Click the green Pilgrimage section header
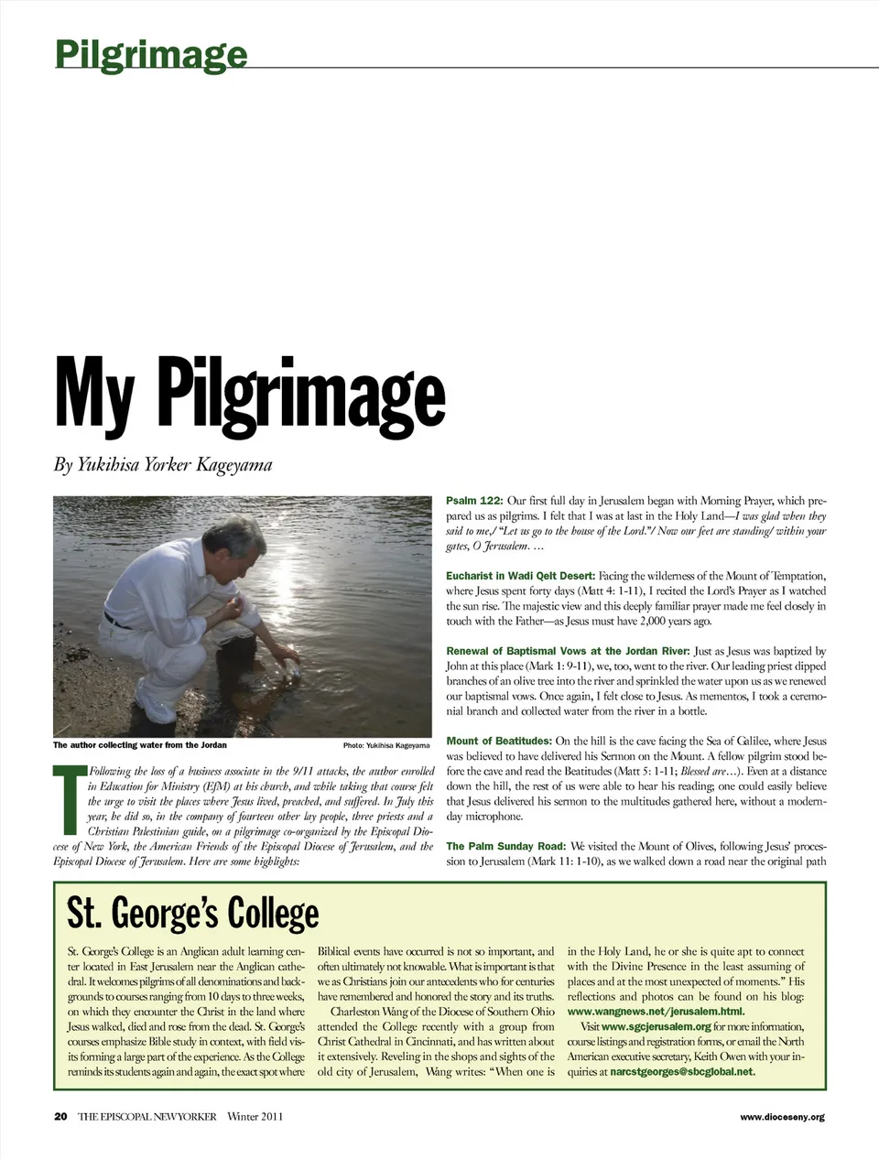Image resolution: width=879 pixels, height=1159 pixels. pos(150,54)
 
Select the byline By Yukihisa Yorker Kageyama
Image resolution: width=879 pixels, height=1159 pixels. pos(163,465)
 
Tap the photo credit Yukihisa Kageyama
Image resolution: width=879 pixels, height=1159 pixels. pos(385,745)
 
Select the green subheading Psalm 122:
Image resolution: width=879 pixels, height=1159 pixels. pos(473,501)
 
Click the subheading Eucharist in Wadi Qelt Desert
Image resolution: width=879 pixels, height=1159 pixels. pos(520,576)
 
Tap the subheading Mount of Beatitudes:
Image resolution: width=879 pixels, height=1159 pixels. pos(498,741)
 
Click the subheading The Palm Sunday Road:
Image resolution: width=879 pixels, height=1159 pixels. pos(505,846)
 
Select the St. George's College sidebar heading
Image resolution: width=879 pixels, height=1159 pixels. pos(192,914)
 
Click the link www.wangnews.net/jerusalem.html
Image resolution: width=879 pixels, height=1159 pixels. pos(656,1012)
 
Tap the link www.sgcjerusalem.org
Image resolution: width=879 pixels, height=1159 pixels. pos(657,1027)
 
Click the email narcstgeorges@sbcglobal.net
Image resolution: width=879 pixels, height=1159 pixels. pos(682,1071)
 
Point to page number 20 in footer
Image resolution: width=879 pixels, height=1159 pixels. pos(60,1116)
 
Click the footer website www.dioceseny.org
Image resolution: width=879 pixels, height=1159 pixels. pos(782,1117)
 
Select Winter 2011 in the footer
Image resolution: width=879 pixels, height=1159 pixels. pos(255,1116)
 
